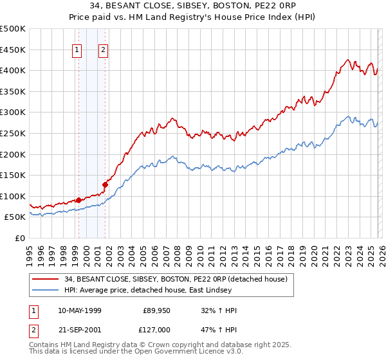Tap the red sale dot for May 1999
78,200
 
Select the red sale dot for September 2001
105,184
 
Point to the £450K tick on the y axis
13,50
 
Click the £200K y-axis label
13,154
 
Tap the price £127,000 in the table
156,328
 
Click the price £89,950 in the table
156,310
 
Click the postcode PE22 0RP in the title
268,6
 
